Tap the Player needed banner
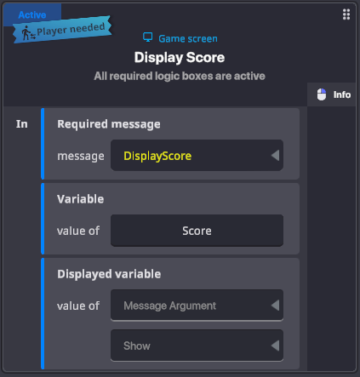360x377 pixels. tap(62, 30)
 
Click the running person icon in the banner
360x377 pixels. tap(28, 33)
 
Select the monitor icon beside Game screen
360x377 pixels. tap(147, 37)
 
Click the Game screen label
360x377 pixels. tap(188, 38)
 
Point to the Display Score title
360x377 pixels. tap(180, 58)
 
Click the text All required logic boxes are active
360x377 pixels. tap(180, 76)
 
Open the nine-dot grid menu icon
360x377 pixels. tap(346, 14)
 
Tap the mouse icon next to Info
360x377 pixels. tap(322, 94)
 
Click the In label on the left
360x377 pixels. tap(22, 124)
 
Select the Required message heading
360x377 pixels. tap(109, 124)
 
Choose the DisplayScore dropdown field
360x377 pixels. tap(197, 156)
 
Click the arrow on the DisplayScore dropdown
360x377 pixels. tap(275, 156)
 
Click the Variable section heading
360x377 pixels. tap(80, 199)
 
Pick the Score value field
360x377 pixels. tap(197, 231)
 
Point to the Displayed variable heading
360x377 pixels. tap(109, 274)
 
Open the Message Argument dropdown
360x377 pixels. tap(197, 306)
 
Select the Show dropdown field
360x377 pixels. tap(197, 346)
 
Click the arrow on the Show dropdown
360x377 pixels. tap(275, 346)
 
